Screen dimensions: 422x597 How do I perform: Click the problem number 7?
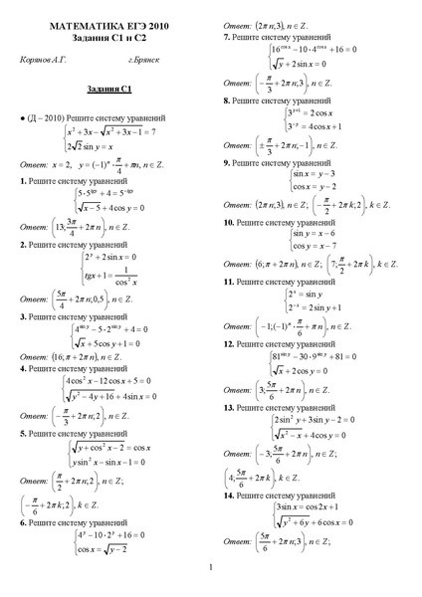point(227,36)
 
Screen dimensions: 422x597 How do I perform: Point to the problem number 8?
point(227,100)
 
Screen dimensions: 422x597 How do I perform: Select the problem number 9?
point(227,161)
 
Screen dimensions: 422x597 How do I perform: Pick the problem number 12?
point(229,343)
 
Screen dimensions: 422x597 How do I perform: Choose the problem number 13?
point(229,407)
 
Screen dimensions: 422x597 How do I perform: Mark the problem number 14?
point(229,495)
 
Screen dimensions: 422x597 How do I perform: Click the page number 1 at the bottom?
point(211,569)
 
